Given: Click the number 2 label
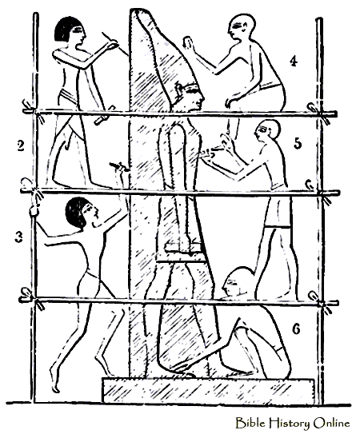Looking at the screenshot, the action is (21, 146).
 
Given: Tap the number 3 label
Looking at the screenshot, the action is (18, 237).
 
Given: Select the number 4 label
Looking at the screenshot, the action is (294, 61).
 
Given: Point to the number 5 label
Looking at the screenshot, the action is (297, 143).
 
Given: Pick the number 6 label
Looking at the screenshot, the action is (296, 329).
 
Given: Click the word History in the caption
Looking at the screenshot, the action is (290, 424).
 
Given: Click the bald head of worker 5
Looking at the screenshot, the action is (268, 129).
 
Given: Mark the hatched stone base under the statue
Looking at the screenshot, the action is (208, 390).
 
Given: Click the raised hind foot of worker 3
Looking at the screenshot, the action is (54, 380).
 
